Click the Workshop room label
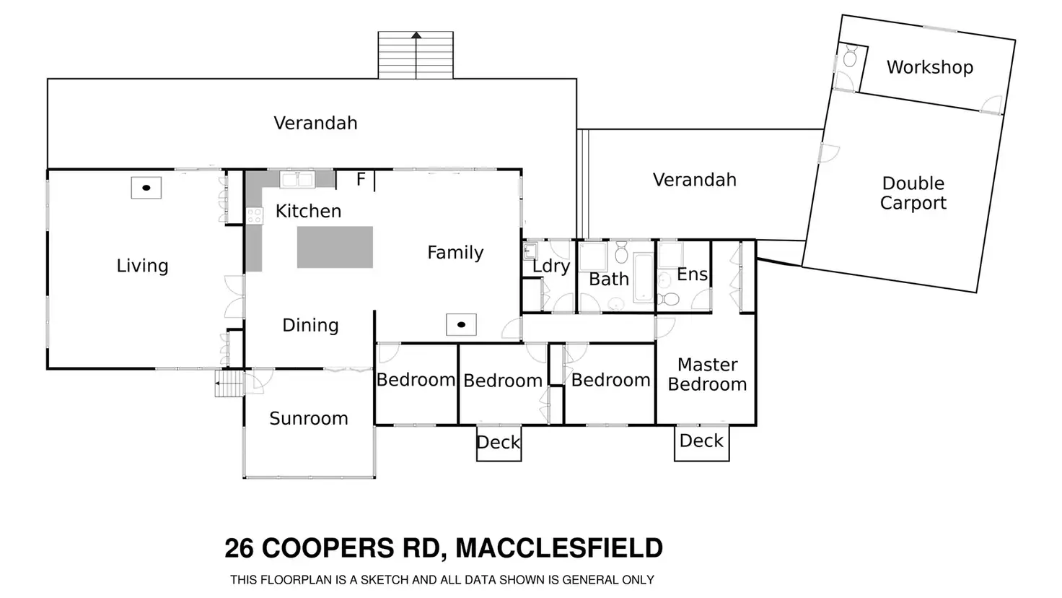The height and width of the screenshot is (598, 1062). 929,67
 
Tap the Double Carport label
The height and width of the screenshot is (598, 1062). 913,193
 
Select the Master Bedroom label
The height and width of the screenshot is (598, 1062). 707,374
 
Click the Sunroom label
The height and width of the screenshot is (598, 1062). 308,418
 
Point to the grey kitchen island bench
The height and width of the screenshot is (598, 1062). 335,247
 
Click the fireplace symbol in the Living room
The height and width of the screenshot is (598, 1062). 146,188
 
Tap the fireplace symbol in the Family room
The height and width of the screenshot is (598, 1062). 461,325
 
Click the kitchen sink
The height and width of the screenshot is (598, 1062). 297,179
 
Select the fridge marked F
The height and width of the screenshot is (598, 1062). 360,180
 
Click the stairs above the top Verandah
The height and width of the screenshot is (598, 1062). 416,55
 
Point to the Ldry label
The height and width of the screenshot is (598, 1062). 551,266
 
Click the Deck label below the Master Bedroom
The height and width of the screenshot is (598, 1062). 701,441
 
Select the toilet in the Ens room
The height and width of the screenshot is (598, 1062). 670,298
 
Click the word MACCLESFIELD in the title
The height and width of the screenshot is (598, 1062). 559,548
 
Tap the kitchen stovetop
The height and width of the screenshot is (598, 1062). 254,215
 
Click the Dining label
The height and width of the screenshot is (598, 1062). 310,325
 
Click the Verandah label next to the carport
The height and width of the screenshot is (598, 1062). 694,180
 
